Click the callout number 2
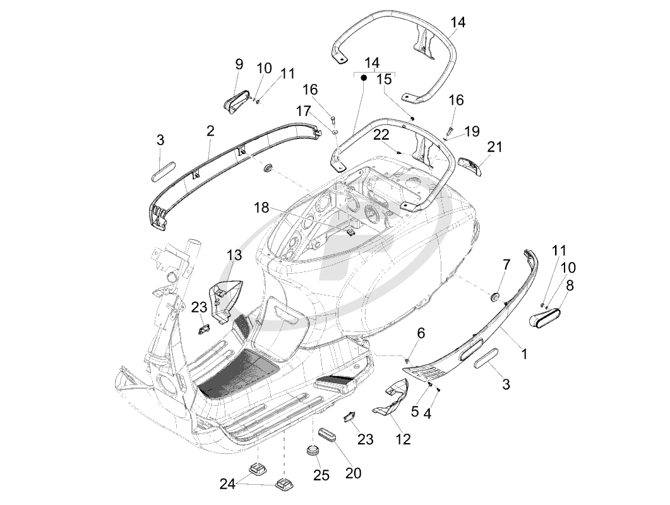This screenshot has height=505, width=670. click(210, 131)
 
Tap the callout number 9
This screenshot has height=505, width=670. click(239, 64)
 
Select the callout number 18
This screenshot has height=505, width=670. click(262, 207)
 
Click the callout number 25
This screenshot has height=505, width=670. click(321, 475)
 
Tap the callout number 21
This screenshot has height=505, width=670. click(494, 147)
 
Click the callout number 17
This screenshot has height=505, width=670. click(303, 110)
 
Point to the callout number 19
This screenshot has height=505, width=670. click(472, 131)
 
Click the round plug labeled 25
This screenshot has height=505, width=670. click(311, 451)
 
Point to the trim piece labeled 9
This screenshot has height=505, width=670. click(236, 102)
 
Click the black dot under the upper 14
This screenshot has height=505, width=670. click(364, 78)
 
